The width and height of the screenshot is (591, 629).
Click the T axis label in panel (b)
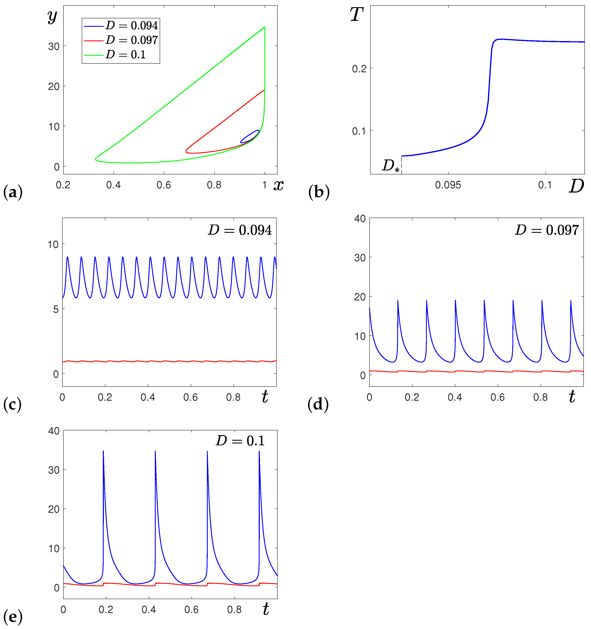[356, 15]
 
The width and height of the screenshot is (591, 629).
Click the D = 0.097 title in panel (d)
[547, 230]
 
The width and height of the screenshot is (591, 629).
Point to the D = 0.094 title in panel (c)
[240, 230]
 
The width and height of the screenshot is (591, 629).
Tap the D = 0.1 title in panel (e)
[240, 441]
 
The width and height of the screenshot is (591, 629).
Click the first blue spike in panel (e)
[103, 452]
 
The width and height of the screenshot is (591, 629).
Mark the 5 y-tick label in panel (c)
[56, 309]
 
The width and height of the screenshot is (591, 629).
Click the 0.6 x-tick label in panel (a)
[164, 185]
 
